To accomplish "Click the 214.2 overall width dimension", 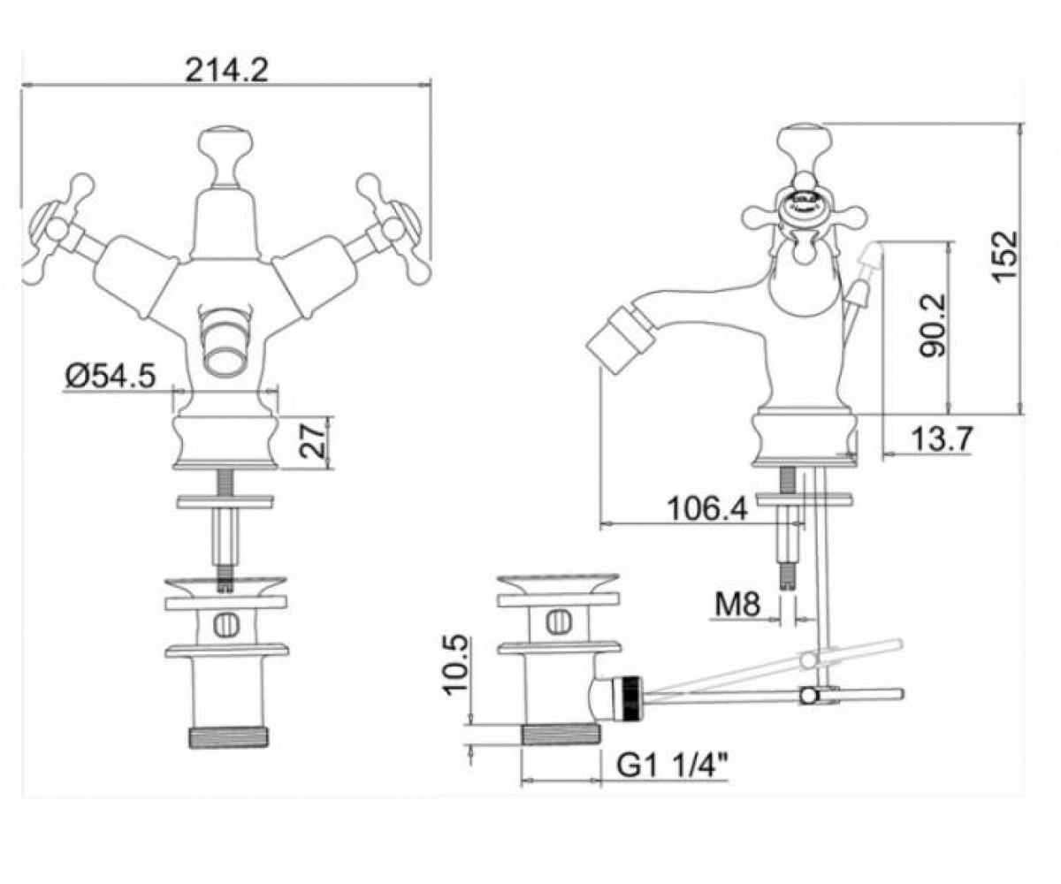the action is (x=225, y=70).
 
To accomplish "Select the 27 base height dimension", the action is (x=312, y=441).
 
